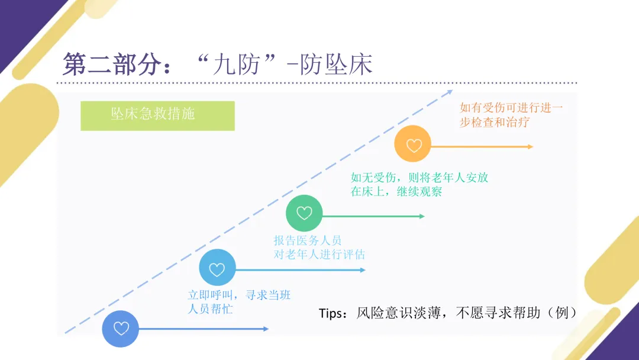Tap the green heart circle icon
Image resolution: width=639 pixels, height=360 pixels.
[x=304, y=213]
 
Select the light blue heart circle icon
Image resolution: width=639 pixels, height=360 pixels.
[x=217, y=269]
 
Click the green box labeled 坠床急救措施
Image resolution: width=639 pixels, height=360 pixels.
[x=157, y=115]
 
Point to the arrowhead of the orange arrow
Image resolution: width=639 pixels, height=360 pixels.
[x=530, y=146]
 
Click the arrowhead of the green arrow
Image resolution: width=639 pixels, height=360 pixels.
[x=422, y=216]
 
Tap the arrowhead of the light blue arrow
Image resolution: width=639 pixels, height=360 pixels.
[x=363, y=270]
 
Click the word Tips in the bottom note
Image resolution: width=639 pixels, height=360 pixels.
[x=331, y=313]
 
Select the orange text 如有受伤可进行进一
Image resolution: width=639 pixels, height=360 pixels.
[x=512, y=108]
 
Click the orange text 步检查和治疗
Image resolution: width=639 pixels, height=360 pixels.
[x=495, y=123]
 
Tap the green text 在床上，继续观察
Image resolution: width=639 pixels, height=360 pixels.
[x=396, y=192]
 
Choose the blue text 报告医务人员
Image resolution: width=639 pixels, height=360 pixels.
[x=308, y=240]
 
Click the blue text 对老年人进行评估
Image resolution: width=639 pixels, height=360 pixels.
[x=319, y=255]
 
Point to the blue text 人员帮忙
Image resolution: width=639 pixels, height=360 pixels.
[x=210, y=309]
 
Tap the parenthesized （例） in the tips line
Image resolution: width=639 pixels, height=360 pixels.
[x=561, y=313]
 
